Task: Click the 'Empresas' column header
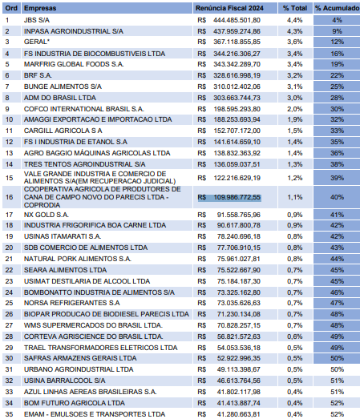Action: (40, 8)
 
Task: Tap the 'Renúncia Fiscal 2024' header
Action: (229, 8)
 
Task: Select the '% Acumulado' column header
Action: (337, 8)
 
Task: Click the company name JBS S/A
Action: (37, 20)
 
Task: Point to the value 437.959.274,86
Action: (237, 31)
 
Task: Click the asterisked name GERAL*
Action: (37, 42)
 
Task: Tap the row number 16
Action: (9, 197)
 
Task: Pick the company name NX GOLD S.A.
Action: (47, 215)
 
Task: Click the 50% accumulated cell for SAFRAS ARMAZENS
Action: (337, 358)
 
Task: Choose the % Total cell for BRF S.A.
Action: (295, 75)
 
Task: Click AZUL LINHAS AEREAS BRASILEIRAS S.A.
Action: (90, 392)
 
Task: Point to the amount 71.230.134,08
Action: (239, 314)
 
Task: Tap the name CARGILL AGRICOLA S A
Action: (63, 131)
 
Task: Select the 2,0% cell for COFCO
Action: (295, 109)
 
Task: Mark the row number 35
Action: (9, 414)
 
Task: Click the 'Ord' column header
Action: (11, 8)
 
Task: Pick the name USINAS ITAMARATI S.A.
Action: (63, 236)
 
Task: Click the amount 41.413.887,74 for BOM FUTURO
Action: (239, 403)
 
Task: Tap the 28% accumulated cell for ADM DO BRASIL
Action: (337, 98)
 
